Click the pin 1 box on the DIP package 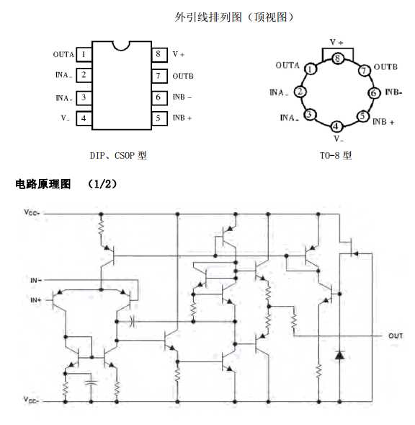(x=84, y=54)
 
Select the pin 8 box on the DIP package (x=157, y=54)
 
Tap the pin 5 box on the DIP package (x=157, y=118)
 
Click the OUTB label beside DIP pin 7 (x=183, y=76)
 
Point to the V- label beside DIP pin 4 (x=65, y=118)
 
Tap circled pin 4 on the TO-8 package (x=336, y=126)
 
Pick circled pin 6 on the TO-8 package (x=373, y=92)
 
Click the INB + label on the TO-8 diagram (x=384, y=121)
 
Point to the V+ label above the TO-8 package (x=336, y=43)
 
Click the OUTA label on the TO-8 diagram (x=287, y=65)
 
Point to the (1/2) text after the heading (x=102, y=185)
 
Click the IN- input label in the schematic (x=35, y=279)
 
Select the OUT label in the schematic (x=396, y=336)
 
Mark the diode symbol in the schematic (x=339, y=355)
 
